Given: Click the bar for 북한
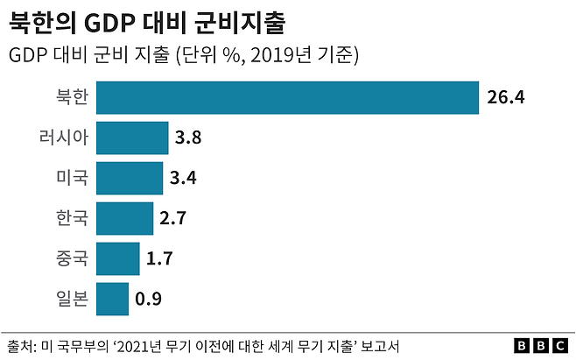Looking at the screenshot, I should tap(287, 97).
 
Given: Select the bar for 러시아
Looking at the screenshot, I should tap(132, 138).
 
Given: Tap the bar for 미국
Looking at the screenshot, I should tap(130, 178).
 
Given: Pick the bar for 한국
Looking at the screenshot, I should tap(124, 218).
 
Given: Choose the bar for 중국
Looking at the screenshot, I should tap(117, 258).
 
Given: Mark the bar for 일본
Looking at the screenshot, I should tap(112, 299).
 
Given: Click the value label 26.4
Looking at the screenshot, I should tap(505, 98).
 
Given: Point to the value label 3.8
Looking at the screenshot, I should tap(188, 138).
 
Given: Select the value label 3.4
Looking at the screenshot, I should tap(183, 179).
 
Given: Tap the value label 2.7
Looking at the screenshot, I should tap(172, 219).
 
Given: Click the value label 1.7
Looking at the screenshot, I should tap(158, 259).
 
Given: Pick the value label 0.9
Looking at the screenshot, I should tap(148, 300).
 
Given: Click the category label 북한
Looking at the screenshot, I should tap(71, 97).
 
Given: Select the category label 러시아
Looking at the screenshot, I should tap(63, 138).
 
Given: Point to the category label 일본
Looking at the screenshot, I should tap(71, 299).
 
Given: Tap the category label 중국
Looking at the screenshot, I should tap(71, 258).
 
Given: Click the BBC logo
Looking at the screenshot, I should tap(538, 346).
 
